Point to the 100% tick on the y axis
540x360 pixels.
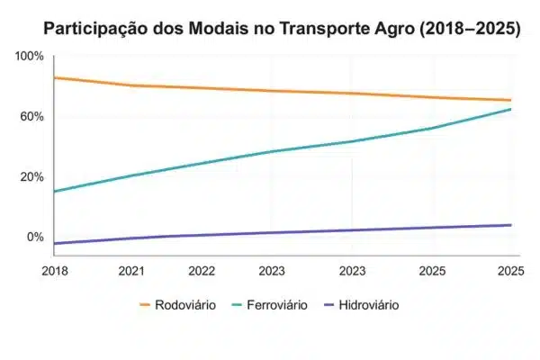[x=29, y=57]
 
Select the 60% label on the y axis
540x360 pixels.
[x=32, y=117]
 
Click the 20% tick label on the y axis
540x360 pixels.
[x=32, y=176]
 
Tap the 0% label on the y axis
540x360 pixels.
[x=35, y=237]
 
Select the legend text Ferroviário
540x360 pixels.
[x=276, y=305]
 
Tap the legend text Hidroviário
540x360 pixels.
[x=367, y=305]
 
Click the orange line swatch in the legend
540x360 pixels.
[x=151, y=305]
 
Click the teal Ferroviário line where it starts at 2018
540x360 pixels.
[x=56, y=191]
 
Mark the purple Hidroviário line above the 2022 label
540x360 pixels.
[x=201, y=235]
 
